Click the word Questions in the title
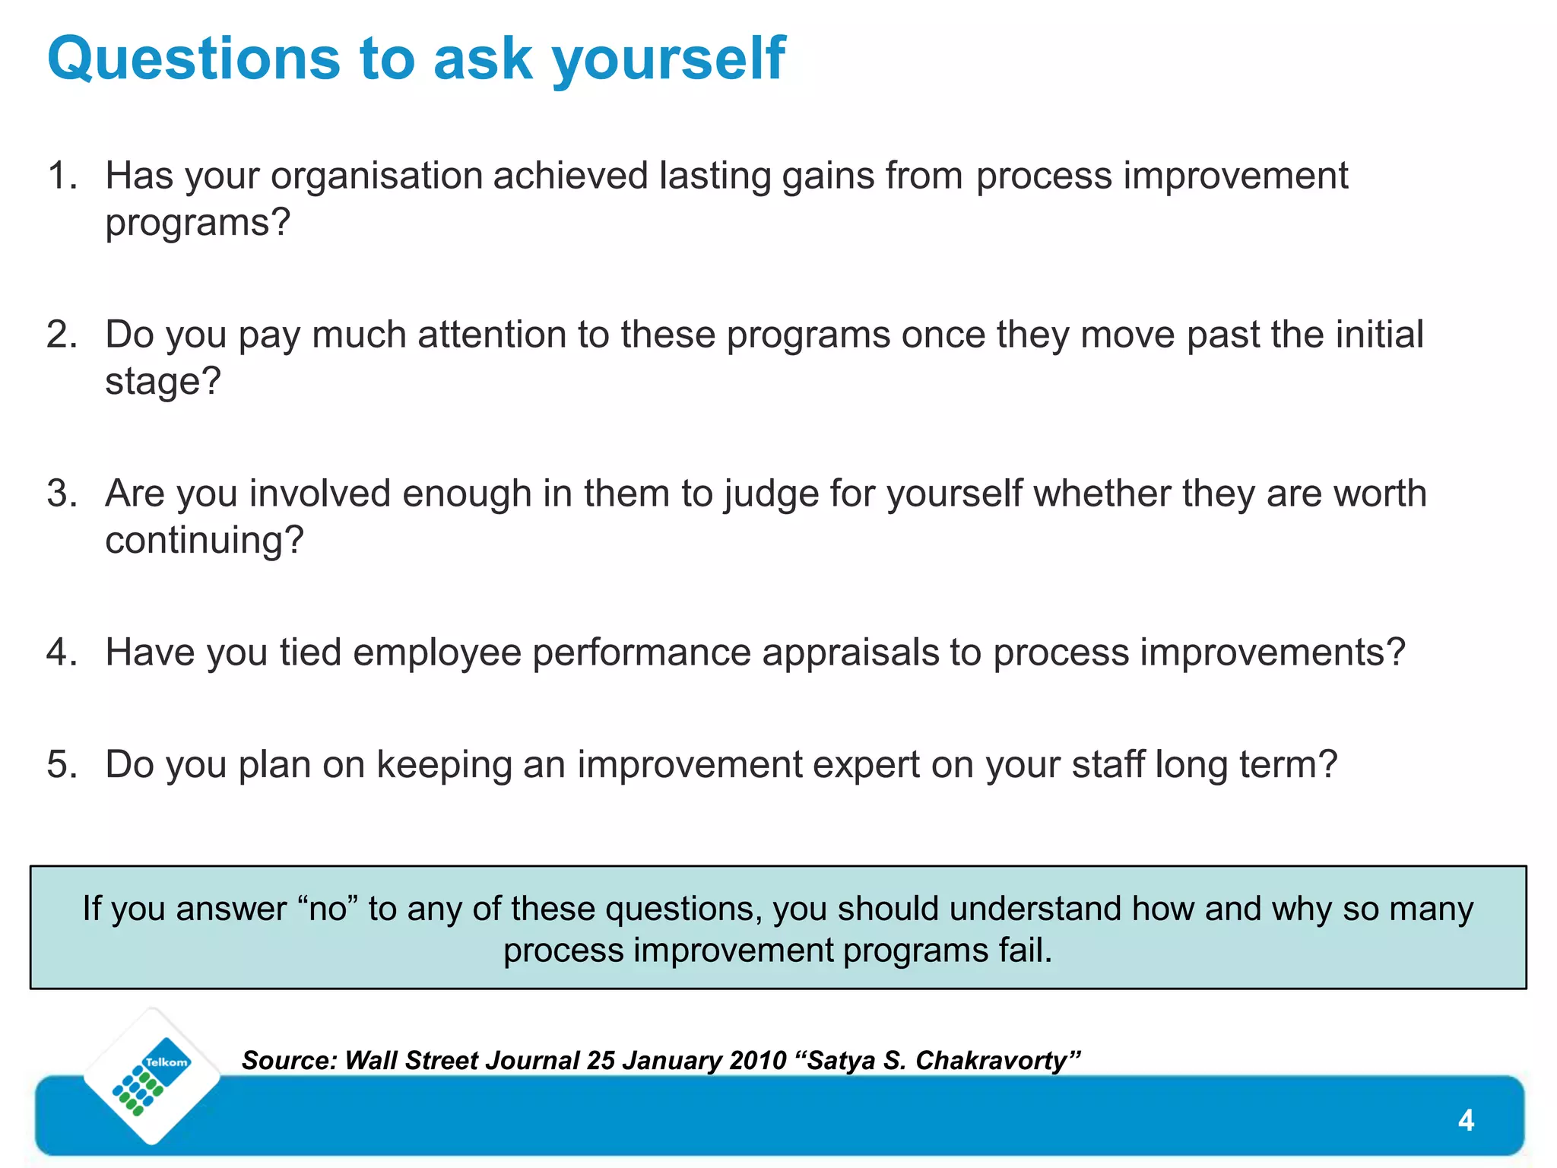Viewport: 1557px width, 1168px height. pyautogui.click(x=193, y=59)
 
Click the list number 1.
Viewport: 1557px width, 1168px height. pyautogui.click(x=61, y=176)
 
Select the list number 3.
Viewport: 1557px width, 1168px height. pyautogui.click(x=61, y=494)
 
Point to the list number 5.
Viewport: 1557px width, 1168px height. pyautogui.click(x=61, y=764)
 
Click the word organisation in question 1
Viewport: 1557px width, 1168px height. pyautogui.click(x=376, y=176)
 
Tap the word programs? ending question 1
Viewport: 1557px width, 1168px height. pyautogui.click(x=198, y=223)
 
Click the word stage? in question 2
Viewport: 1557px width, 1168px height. pyautogui.click(x=163, y=381)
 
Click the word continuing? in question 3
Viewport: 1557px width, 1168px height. pyautogui.click(x=204, y=541)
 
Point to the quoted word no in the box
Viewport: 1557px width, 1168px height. pyautogui.click(x=328, y=909)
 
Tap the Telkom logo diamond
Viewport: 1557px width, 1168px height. pyautogui.click(x=152, y=1076)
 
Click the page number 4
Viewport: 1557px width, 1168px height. pyautogui.click(x=1466, y=1120)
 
